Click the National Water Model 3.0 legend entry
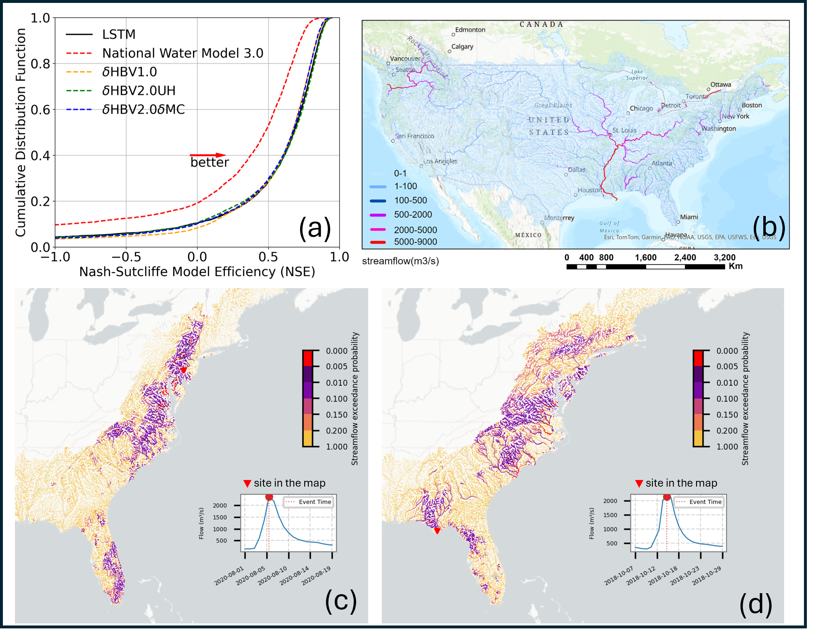click(183, 53)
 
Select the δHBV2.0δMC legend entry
click(143, 109)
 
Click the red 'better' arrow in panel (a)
click(208, 155)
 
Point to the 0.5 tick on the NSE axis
click(268, 257)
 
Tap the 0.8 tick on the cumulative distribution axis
click(40, 64)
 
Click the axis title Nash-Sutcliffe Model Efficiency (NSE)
click(197, 272)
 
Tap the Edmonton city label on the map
click(470, 30)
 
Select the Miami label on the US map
click(689, 217)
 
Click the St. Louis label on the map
click(624, 130)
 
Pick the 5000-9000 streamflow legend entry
click(415, 242)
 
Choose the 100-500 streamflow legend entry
click(410, 201)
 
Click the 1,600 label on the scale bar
click(645, 257)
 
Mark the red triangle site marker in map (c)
click(183, 370)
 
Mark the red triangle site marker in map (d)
click(437, 531)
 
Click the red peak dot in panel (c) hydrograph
click(269, 497)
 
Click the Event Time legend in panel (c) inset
click(309, 502)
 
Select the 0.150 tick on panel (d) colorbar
click(727, 415)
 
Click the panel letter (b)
click(769, 228)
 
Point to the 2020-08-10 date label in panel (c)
click(272, 576)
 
